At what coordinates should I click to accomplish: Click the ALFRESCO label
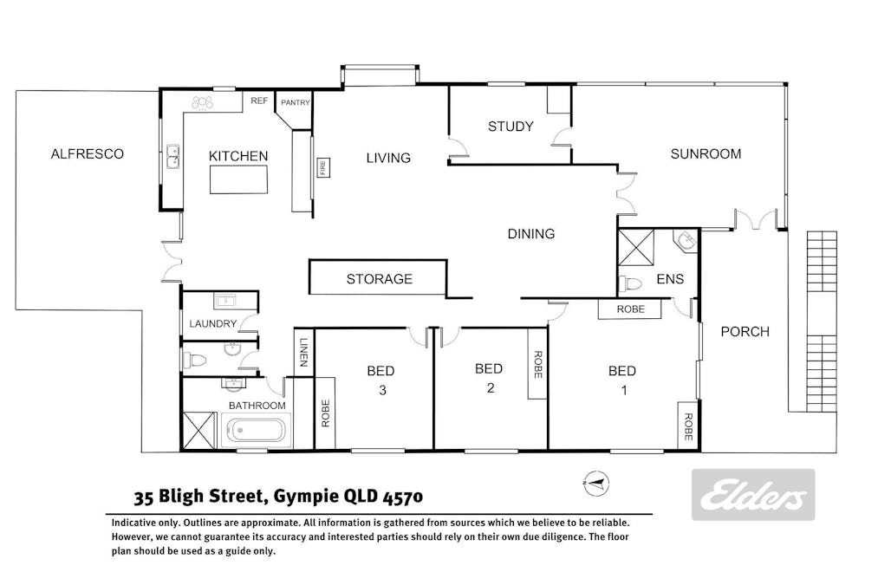pos(87,154)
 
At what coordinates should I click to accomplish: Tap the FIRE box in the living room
pos(323,167)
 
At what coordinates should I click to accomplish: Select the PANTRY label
pos(295,102)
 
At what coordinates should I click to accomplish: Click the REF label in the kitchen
pos(259,101)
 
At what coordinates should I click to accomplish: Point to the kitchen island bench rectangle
pos(238,179)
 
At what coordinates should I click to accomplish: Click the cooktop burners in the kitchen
pos(202,102)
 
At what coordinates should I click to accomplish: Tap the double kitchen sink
pos(173,157)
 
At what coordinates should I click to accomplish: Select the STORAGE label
pos(379,279)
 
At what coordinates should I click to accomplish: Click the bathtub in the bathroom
pos(257,431)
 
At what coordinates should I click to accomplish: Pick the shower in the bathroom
pos(199,431)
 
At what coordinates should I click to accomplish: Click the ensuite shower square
pos(635,247)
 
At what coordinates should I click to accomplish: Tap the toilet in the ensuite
pos(629,283)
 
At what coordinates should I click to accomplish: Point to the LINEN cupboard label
pos(304,352)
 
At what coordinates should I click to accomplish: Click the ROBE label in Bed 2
pos(537,365)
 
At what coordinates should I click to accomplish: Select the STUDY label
pos(511,127)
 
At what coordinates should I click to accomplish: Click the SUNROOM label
pos(706,154)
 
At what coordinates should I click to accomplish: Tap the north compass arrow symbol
pos(596,484)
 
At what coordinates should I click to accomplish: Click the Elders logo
pos(753,495)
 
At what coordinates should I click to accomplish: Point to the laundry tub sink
pos(225,302)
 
